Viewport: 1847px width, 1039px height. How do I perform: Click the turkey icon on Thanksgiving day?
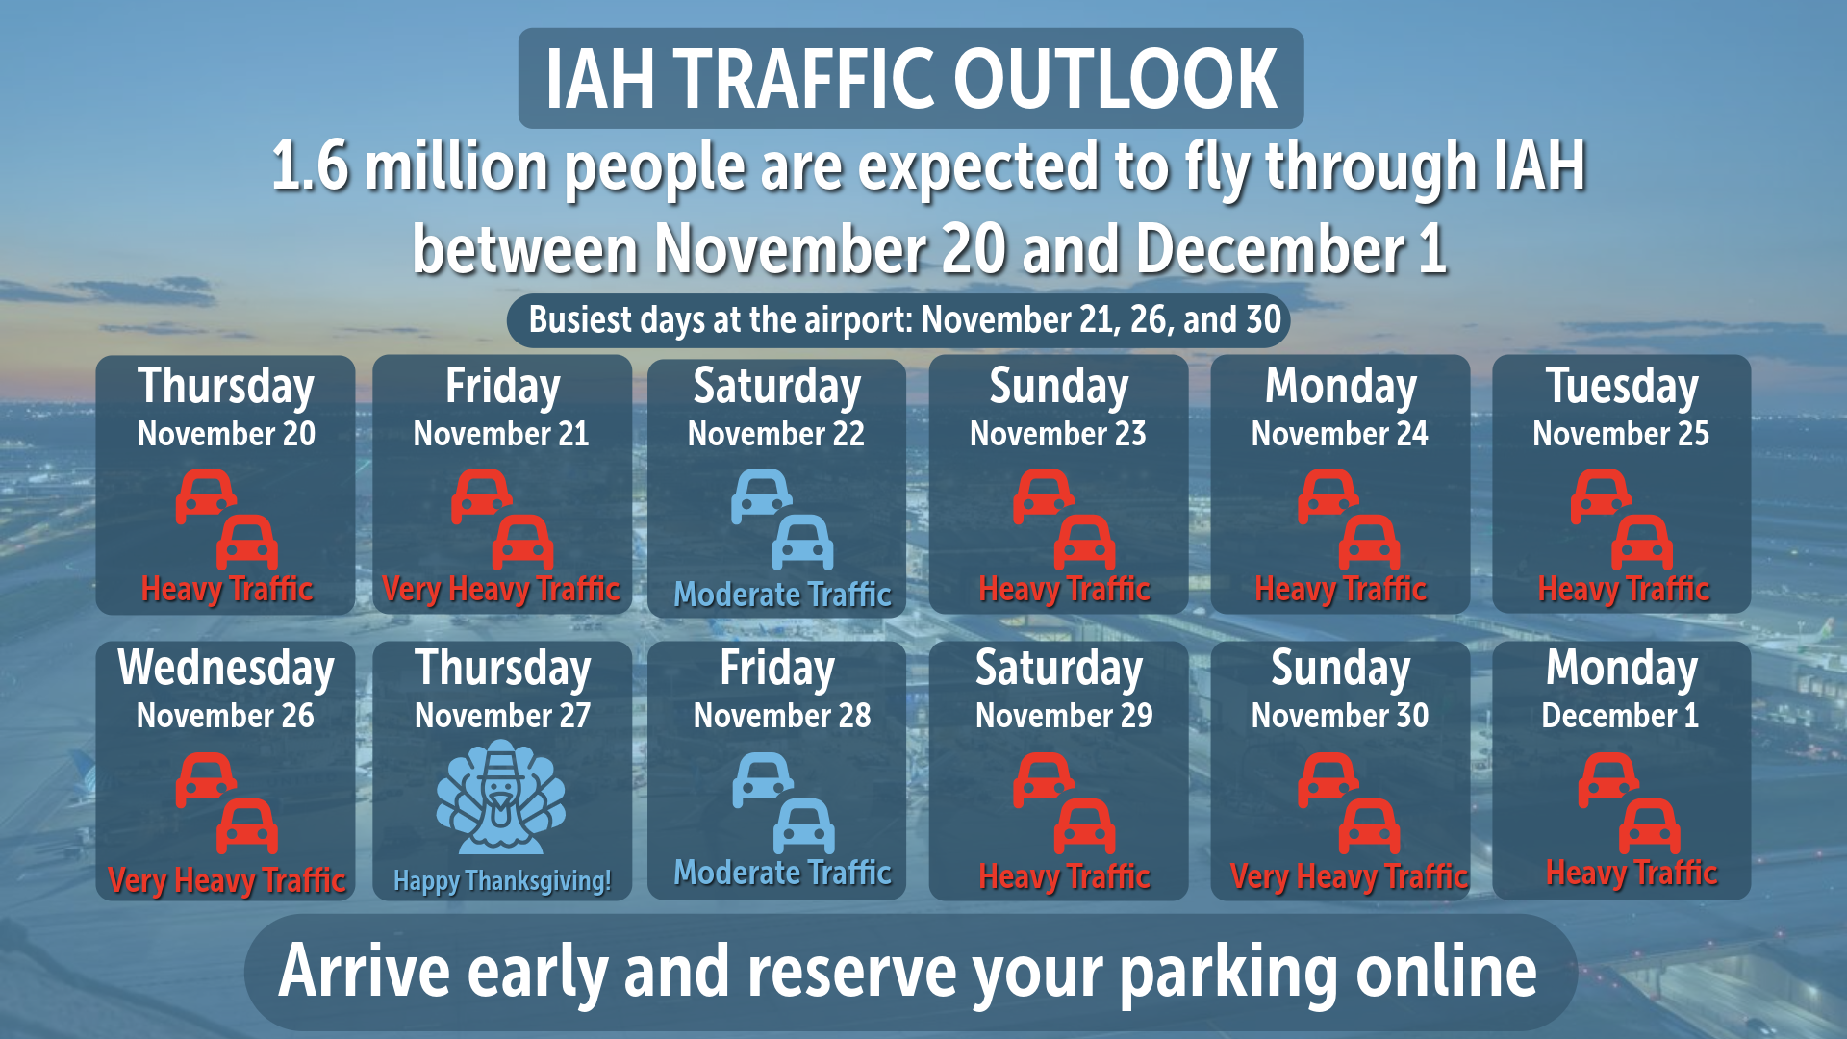point(501,798)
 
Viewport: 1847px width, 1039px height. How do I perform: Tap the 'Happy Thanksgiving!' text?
point(502,880)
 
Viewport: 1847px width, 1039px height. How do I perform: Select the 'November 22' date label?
point(775,434)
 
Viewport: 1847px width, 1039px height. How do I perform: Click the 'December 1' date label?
point(1620,716)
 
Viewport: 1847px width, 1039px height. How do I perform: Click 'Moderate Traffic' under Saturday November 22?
point(782,595)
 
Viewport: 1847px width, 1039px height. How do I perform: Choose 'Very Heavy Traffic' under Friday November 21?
point(501,589)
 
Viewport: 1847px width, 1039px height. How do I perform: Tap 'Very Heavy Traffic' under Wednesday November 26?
point(226,880)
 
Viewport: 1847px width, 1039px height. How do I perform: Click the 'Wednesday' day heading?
point(226,668)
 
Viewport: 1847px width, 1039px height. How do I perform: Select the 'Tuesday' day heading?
point(1622,387)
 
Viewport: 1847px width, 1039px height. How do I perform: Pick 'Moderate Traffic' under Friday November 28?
point(782,873)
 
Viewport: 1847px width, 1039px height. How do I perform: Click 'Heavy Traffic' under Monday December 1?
point(1632,873)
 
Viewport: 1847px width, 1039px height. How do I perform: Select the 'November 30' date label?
point(1340,716)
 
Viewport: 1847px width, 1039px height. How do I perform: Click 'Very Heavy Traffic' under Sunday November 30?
point(1349,876)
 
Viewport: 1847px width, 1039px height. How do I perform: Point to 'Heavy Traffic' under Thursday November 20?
point(227,589)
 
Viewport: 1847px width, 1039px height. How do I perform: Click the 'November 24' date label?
point(1340,434)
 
